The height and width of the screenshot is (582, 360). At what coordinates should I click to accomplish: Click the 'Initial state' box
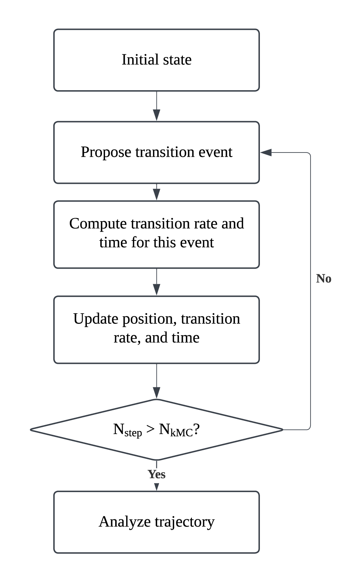pyautogui.click(x=156, y=60)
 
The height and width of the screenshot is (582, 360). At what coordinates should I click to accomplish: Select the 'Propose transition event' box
pyautogui.click(x=156, y=152)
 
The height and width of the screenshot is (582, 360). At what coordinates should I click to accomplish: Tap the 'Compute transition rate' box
pyautogui.click(x=156, y=234)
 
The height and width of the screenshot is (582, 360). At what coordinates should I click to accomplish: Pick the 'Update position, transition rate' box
pyautogui.click(x=156, y=329)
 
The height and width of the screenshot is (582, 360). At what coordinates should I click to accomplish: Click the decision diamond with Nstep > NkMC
pyautogui.click(x=156, y=430)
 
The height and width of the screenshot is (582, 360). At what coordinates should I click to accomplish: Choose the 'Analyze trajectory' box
pyautogui.click(x=156, y=522)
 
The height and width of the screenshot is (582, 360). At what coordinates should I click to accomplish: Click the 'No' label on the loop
pyautogui.click(x=324, y=279)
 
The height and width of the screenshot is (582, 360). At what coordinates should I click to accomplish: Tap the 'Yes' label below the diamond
pyautogui.click(x=156, y=474)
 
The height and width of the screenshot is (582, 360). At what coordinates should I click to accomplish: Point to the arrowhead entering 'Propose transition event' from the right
pyautogui.click(x=266, y=152)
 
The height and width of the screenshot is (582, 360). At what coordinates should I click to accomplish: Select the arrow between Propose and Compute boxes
pyautogui.click(x=156, y=192)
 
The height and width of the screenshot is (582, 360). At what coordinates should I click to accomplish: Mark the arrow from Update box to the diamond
pyautogui.click(x=156, y=381)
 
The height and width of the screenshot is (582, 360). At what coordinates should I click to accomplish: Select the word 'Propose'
pyautogui.click(x=106, y=152)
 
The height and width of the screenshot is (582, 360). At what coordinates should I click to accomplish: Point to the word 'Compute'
pyautogui.click(x=98, y=223)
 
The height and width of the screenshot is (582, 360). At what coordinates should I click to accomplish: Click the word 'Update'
pyautogui.click(x=96, y=319)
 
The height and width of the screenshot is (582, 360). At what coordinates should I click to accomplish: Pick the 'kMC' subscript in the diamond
pyautogui.click(x=182, y=433)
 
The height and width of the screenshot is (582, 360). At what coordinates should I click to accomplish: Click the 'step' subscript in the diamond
pyautogui.click(x=133, y=433)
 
